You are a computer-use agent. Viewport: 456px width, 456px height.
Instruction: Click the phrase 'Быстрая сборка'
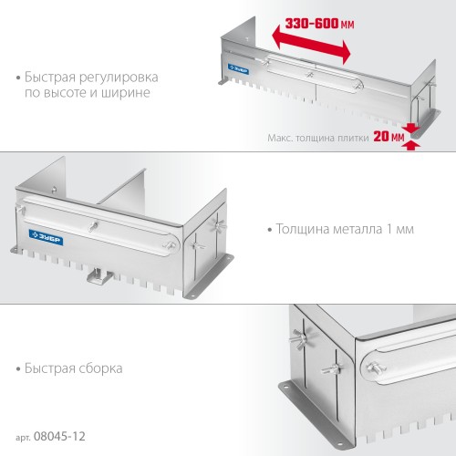click(72, 368)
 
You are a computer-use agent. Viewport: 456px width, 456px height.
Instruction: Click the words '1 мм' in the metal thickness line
click(400, 229)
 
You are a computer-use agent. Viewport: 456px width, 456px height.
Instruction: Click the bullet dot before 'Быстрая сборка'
click(18, 368)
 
